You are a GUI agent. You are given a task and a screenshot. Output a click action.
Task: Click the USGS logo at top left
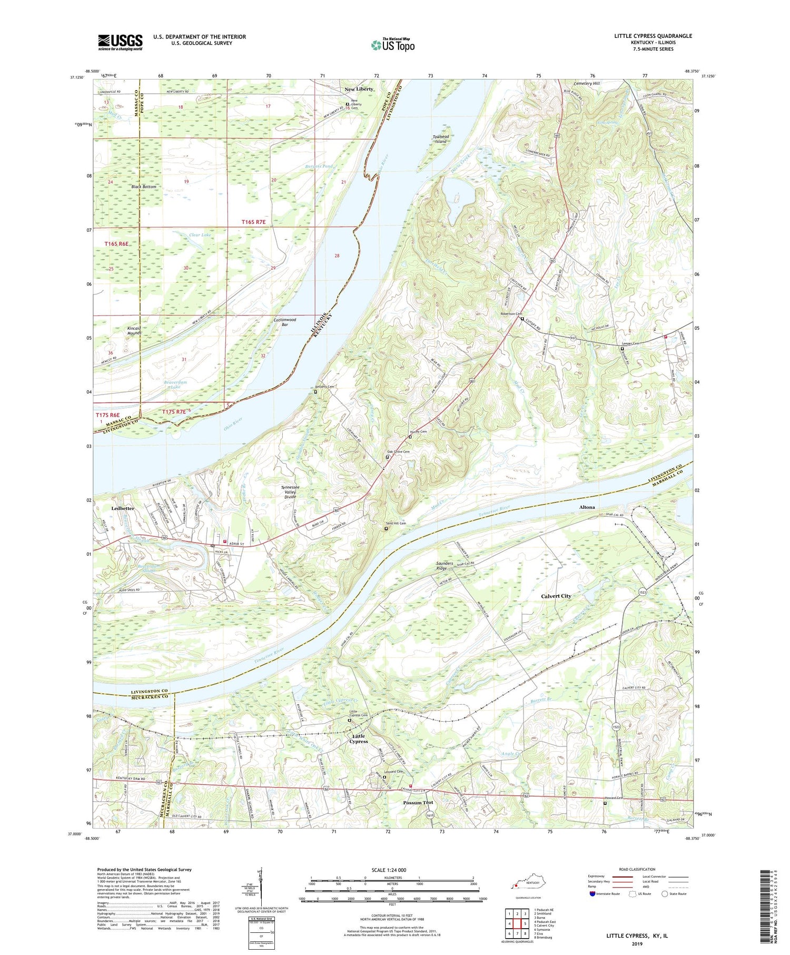coord(120,42)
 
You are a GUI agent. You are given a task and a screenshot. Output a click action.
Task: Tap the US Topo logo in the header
coord(392,45)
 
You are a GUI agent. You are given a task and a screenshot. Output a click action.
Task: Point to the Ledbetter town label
coord(123,508)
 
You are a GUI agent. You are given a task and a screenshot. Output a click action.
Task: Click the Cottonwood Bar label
coord(285,322)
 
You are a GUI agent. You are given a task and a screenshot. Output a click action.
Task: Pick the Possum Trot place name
coord(418,802)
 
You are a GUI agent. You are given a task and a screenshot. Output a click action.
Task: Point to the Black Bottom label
coord(144,187)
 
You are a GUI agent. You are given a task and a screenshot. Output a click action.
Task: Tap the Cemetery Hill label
coord(586,83)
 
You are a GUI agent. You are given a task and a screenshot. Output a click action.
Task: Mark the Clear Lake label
coord(200,234)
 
